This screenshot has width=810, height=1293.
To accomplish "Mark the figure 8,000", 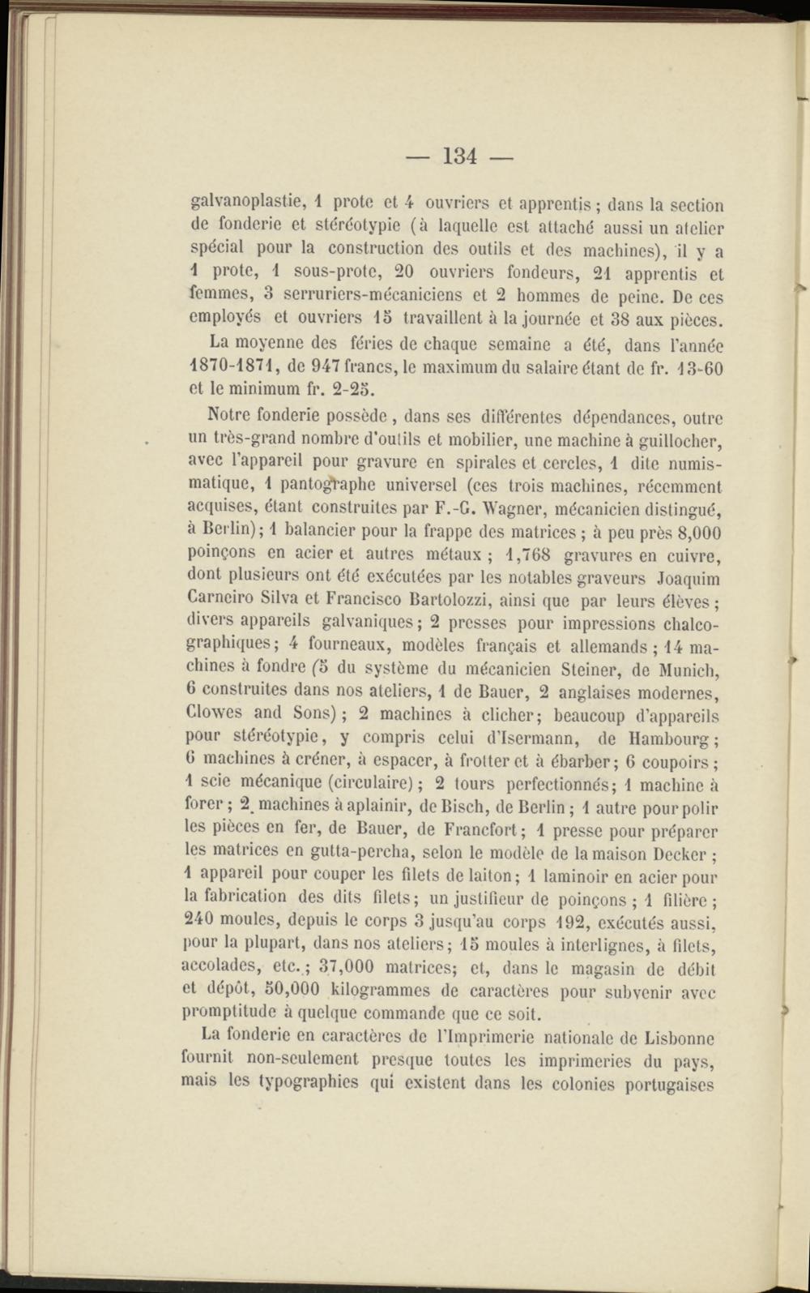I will pyautogui.click(x=691, y=533).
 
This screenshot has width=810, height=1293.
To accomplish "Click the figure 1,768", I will pyautogui.click(x=527, y=556).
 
